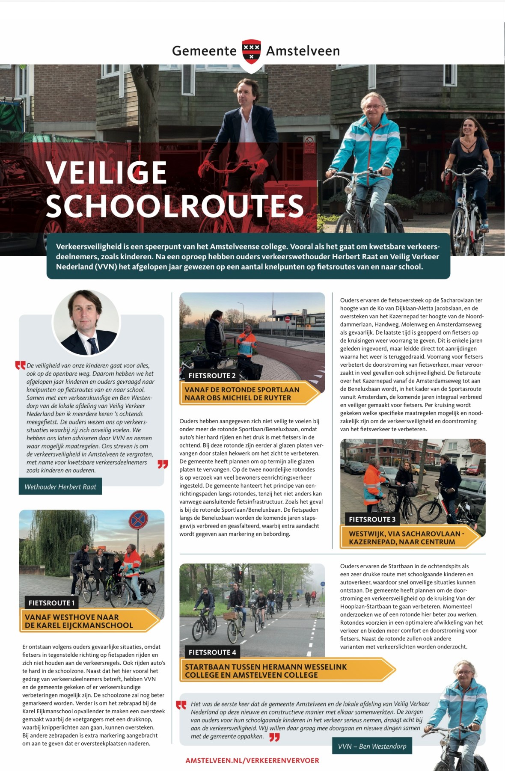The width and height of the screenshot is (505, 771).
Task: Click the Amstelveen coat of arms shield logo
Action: [252, 51]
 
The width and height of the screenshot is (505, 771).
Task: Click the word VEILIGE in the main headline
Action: [106, 172]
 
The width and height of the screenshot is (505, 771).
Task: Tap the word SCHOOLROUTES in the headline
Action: [175, 207]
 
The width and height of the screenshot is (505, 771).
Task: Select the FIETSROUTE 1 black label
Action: [51, 603]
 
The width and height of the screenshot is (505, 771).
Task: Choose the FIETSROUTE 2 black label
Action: [212, 376]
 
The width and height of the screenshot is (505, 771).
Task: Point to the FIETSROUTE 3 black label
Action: [372, 519]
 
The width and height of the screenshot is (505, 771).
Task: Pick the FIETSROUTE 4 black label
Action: [212, 652]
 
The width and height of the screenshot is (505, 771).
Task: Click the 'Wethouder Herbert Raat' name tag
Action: [60, 487]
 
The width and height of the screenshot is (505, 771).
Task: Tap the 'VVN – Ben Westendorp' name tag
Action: [372, 746]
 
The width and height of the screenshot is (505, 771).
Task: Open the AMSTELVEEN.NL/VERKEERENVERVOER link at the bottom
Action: [252, 760]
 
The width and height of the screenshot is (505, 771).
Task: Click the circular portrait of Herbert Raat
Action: [86, 323]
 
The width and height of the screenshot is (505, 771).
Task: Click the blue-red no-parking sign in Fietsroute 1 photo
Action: [138, 520]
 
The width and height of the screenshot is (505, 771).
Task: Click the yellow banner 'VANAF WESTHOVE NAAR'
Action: [86, 621]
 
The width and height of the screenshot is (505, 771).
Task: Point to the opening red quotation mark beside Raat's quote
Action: [20, 365]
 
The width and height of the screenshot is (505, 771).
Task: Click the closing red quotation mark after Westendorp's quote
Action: [274, 737]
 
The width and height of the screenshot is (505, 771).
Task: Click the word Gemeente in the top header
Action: [204, 51]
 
